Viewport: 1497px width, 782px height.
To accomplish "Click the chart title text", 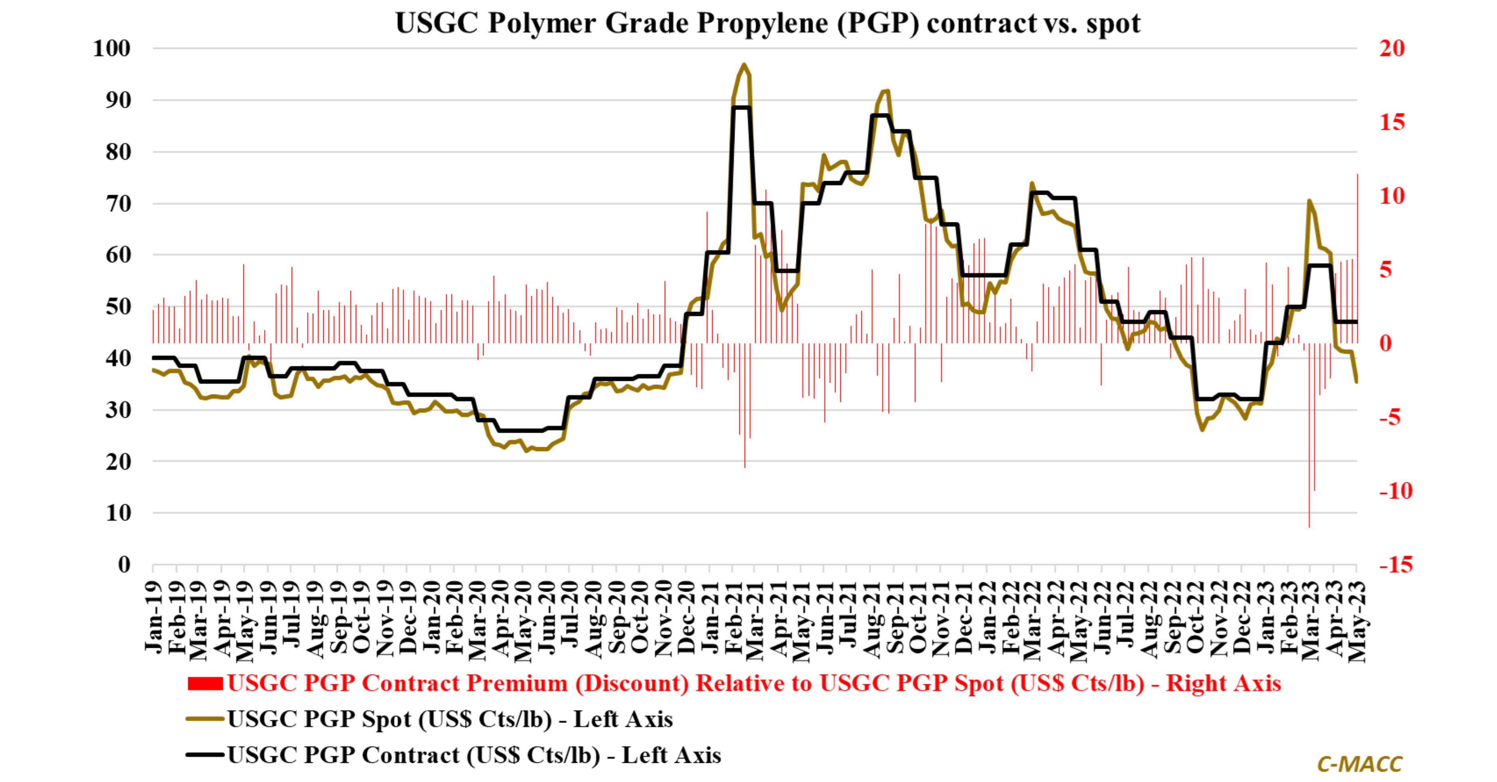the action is (x=768, y=23).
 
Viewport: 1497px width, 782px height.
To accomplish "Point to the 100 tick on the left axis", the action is (x=112, y=48).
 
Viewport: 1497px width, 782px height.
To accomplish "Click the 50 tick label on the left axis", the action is (x=119, y=306).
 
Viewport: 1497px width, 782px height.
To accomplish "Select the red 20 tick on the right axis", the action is (x=1392, y=48).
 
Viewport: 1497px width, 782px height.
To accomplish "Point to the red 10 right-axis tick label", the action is (x=1392, y=196).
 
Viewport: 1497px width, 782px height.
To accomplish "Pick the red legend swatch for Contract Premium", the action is (x=205, y=684).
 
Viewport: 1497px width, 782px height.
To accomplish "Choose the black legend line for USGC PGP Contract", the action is (x=205, y=755).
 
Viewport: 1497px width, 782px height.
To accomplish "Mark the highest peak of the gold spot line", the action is (x=744, y=65).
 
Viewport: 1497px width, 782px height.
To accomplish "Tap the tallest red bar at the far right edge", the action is (x=1357, y=259).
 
